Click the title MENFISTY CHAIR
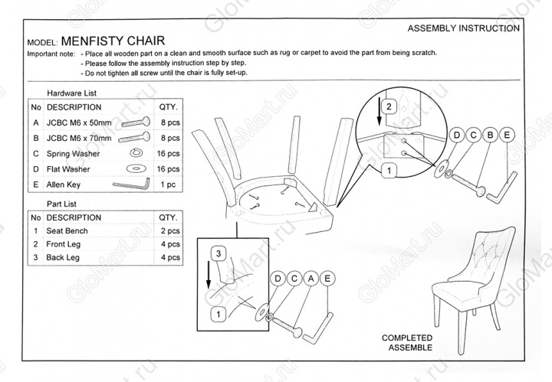tap(112, 41)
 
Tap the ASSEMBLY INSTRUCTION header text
tap(463, 28)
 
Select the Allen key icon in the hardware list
tap(131, 184)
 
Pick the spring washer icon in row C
tap(135, 153)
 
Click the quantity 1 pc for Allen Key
tap(168, 184)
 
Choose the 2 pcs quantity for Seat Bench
tap(169, 230)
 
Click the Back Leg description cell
tap(63, 258)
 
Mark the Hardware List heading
tap(71, 93)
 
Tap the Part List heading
tap(61, 204)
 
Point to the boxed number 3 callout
tap(219, 252)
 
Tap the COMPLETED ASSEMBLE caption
tap(407, 342)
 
